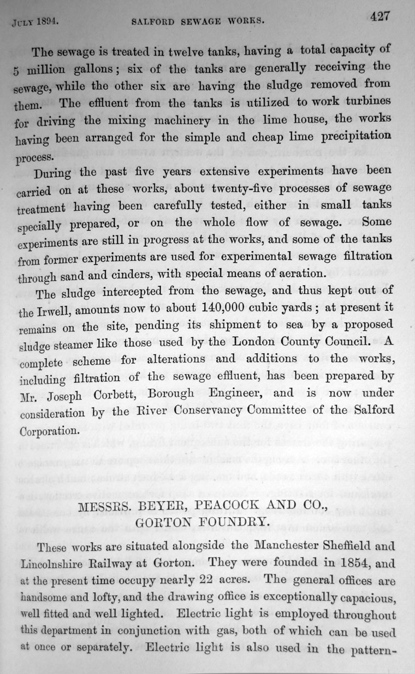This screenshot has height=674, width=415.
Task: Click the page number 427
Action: [380, 16]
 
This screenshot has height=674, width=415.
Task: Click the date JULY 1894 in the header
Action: [35, 23]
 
